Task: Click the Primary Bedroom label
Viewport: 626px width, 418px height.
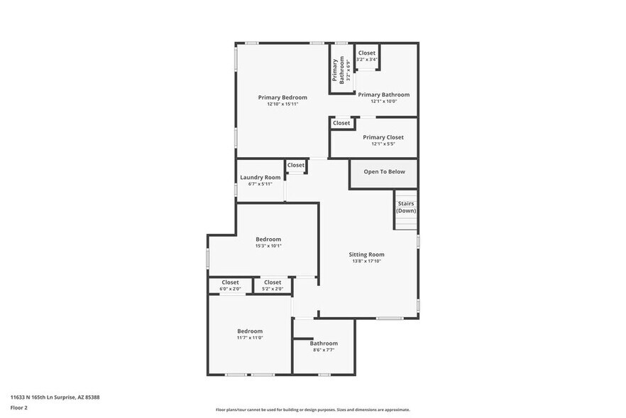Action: coord(282,97)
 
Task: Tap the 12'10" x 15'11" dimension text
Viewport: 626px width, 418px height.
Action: coord(282,104)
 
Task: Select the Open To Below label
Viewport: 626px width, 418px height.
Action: coord(384,172)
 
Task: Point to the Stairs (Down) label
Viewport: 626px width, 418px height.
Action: coord(406,207)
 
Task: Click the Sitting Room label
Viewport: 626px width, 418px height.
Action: coord(366,254)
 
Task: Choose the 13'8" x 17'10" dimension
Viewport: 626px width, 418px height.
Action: coord(366,261)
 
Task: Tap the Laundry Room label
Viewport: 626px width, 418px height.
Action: coord(260,178)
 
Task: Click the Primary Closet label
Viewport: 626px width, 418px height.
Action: coord(383,137)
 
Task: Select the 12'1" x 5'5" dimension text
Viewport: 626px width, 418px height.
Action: coord(383,144)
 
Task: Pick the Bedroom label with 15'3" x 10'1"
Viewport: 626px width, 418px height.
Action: coord(268,240)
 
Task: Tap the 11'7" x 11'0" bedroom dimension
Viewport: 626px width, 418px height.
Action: coord(250,338)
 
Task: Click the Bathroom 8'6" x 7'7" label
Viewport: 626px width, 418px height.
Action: coord(324,343)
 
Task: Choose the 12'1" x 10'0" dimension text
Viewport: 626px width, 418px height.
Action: coord(383,101)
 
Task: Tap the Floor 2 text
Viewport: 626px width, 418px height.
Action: coord(18,408)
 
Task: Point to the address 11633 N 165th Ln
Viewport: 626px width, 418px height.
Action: coord(55,397)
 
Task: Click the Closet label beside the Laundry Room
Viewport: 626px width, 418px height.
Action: coord(296,165)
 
